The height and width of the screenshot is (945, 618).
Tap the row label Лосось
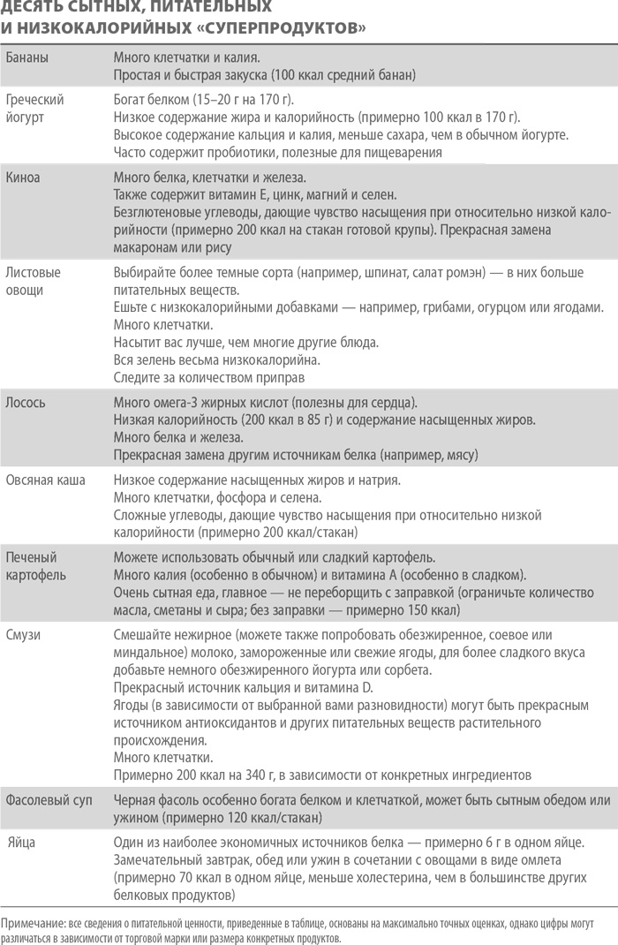[x=26, y=403]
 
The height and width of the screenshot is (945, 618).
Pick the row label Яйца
[x=23, y=842]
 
